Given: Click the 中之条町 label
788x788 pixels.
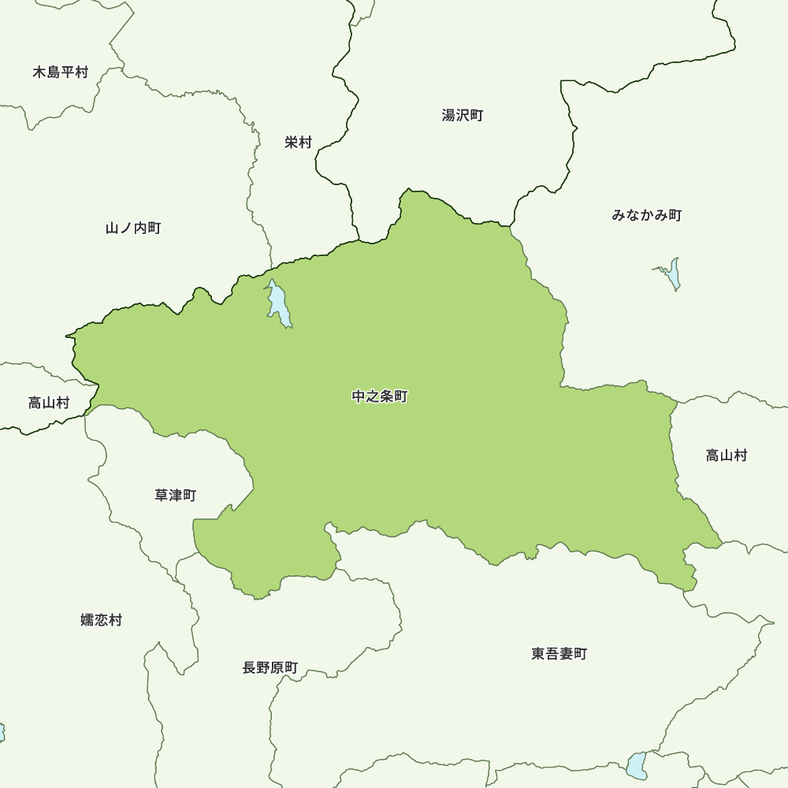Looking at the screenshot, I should [380, 396].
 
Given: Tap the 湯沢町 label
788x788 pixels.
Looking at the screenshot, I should [463, 115].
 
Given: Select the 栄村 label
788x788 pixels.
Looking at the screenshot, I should [299, 143].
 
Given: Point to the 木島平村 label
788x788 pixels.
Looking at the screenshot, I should [61, 72].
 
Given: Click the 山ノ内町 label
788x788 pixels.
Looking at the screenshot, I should [133, 228].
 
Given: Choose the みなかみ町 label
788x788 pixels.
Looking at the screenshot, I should [647, 215].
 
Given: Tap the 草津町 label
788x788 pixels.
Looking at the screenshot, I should [175, 495].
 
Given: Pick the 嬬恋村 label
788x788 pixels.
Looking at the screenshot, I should [102, 620].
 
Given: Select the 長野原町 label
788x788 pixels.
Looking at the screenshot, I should [270, 667].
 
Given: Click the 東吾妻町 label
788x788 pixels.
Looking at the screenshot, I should [559, 653].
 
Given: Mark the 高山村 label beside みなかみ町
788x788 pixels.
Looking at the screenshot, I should [727, 455].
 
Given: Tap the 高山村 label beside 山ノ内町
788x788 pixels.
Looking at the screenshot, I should [49, 403].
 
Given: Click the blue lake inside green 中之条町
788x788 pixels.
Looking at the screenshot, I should [278, 303].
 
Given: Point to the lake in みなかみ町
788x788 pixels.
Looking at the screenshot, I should [672, 273].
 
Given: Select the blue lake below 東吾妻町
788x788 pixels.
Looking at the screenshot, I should [636, 765].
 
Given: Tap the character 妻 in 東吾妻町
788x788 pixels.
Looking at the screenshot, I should [566, 653].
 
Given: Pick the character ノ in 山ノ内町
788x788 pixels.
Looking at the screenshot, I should [126, 228].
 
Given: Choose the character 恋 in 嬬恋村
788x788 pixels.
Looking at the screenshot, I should [102, 620].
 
